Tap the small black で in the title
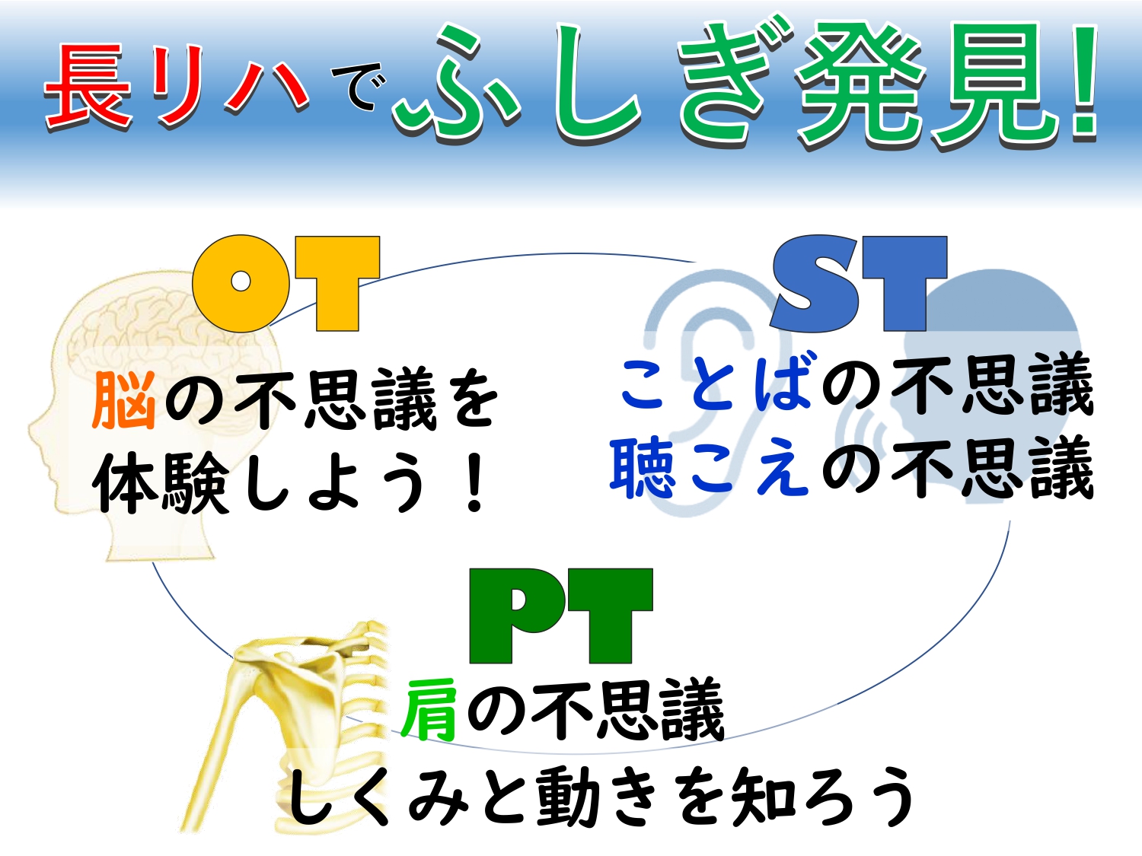(359, 86)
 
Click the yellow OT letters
(286, 283)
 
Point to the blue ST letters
(859, 283)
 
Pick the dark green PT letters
(561, 616)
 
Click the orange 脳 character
(124, 400)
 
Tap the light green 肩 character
(429, 710)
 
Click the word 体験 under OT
(161, 482)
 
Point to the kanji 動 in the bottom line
(568, 796)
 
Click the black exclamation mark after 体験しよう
(474, 483)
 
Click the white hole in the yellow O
(241, 282)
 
